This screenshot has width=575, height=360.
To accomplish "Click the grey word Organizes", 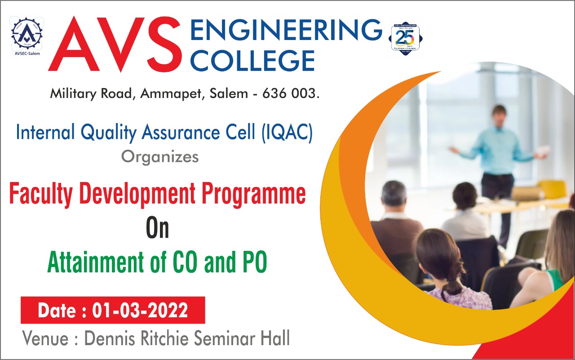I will pyautogui.click(x=160, y=157).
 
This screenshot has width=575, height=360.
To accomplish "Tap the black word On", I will pyautogui.click(x=158, y=228).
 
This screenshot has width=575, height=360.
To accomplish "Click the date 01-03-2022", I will pyautogui.click(x=140, y=311).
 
